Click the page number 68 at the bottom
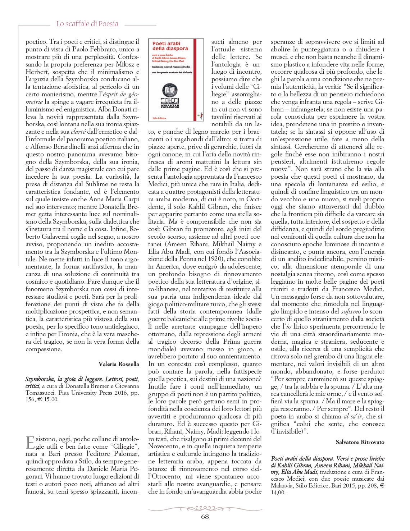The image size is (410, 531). coord(205,517)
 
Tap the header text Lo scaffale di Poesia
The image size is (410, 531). coord(87,24)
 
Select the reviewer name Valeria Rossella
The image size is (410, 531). coord(119,364)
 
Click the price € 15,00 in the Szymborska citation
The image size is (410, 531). coord(48,399)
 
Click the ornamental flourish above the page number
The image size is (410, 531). coord(205,508)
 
